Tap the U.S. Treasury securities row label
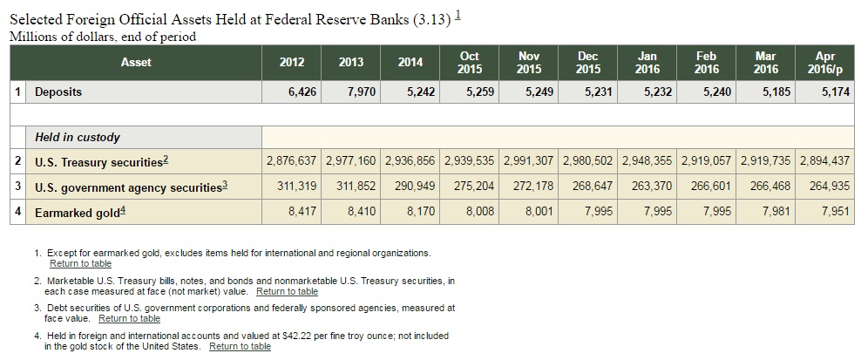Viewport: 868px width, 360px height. [x=100, y=162]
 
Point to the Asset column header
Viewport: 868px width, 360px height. [x=136, y=62]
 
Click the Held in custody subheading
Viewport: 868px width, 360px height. [x=78, y=138]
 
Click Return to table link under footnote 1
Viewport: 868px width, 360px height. [x=80, y=263]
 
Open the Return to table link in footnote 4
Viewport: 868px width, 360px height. [x=240, y=347]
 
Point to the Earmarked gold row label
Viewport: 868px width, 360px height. [x=79, y=212]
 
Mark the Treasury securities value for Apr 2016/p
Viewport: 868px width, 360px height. [x=824, y=162]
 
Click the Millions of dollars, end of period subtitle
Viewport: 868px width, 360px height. [x=102, y=37]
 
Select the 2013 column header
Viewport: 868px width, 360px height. [x=351, y=62]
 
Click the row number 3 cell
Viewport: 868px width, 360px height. [x=17, y=187]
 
